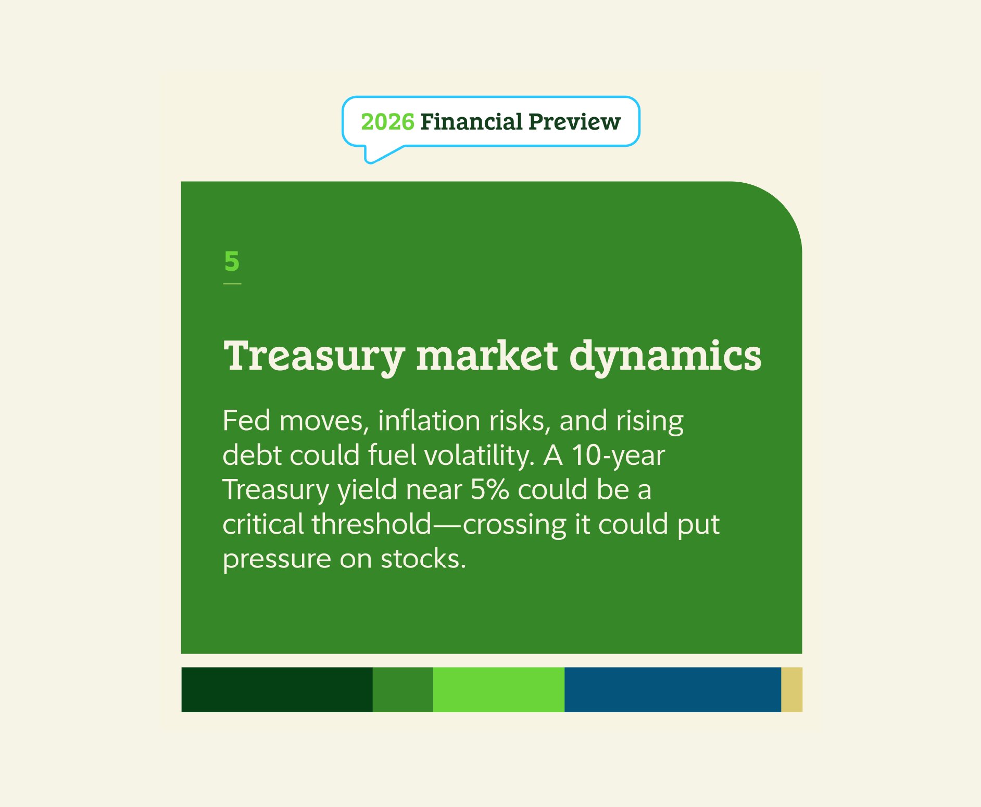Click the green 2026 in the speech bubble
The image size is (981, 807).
click(387, 122)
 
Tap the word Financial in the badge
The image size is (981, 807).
click(471, 122)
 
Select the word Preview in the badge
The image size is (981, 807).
click(574, 122)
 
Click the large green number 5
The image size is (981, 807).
click(232, 261)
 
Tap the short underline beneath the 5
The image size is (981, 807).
click(232, 284)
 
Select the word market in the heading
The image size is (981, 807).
click(487, 357)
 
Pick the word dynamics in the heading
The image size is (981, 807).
click(665, 357)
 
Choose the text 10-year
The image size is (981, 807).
click(618, 455)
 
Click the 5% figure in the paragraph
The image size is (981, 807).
click(489, 489)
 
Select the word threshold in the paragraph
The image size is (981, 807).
click(372, 524)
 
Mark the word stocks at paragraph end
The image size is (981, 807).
click(423, 559)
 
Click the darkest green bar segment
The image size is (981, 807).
click(276, 689)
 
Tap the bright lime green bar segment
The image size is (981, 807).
click(498, 689)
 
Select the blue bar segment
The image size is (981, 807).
click(672, 689)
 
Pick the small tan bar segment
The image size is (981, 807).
click(791, 689)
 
